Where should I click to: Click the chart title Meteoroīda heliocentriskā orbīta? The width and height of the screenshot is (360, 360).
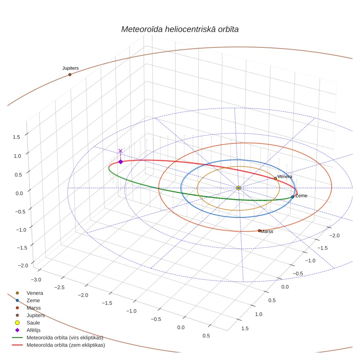click(x=180, y=30)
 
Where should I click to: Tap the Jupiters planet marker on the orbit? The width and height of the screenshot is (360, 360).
click(x=70, y=75)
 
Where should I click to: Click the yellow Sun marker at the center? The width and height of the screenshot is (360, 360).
click(x=239, y=188)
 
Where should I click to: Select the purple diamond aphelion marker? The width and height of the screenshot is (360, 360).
click(x=121, y=162)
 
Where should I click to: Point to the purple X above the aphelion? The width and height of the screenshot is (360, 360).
click(x=120, y=151)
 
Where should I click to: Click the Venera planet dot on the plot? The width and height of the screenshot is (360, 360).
click(x=276, y=179)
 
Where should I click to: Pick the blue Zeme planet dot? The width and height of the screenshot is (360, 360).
click(x=293, y=197)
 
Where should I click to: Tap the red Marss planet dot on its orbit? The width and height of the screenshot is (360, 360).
click(x=259, y=231)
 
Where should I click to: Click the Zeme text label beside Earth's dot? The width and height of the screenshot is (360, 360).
click(x=301, y=196)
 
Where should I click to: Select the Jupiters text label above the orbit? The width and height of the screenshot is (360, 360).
click(x=71, y=68)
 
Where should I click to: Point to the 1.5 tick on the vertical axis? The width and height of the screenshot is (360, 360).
click(x=16, y=137)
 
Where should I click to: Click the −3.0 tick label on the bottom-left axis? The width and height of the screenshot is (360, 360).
click(x=36, y=280)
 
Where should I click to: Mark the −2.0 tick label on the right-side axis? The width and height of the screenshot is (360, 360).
click(x=334, y=236)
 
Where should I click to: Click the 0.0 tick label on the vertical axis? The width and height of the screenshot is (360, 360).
click(x=19, y=193)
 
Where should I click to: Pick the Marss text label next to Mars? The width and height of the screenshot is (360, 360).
click(x=267, y=232)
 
